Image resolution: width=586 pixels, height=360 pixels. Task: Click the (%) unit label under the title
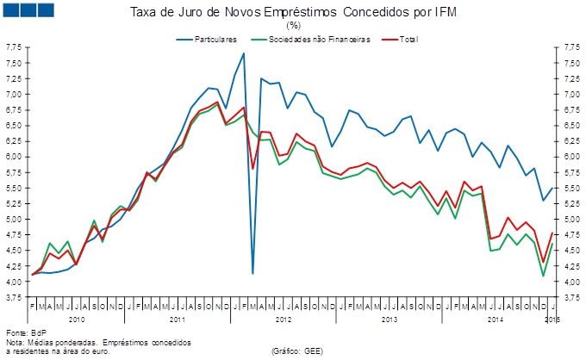pyautogui.click(x=293, y=26)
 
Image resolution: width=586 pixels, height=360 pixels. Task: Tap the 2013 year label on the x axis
pyautogui.click(x=389, y=319)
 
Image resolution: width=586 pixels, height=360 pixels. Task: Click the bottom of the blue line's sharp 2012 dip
pyautogui.click(x=252, y=273)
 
